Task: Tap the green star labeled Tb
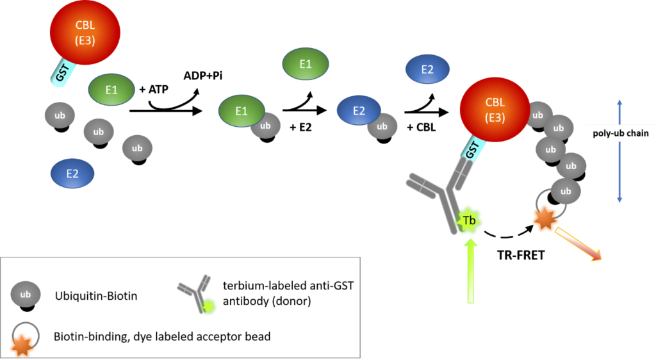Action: [x=469, y=221]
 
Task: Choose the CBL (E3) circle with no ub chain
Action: [x=85, y=33]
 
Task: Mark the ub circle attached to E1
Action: [x=265, y=125]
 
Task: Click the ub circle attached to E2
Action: [x=382, y=126]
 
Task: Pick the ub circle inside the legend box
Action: [x=26, y=295]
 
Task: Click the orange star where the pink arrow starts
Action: [x=544, y=220]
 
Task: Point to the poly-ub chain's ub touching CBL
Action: [x=537, y=115]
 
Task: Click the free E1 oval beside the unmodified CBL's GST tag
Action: [x=111, y=90]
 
